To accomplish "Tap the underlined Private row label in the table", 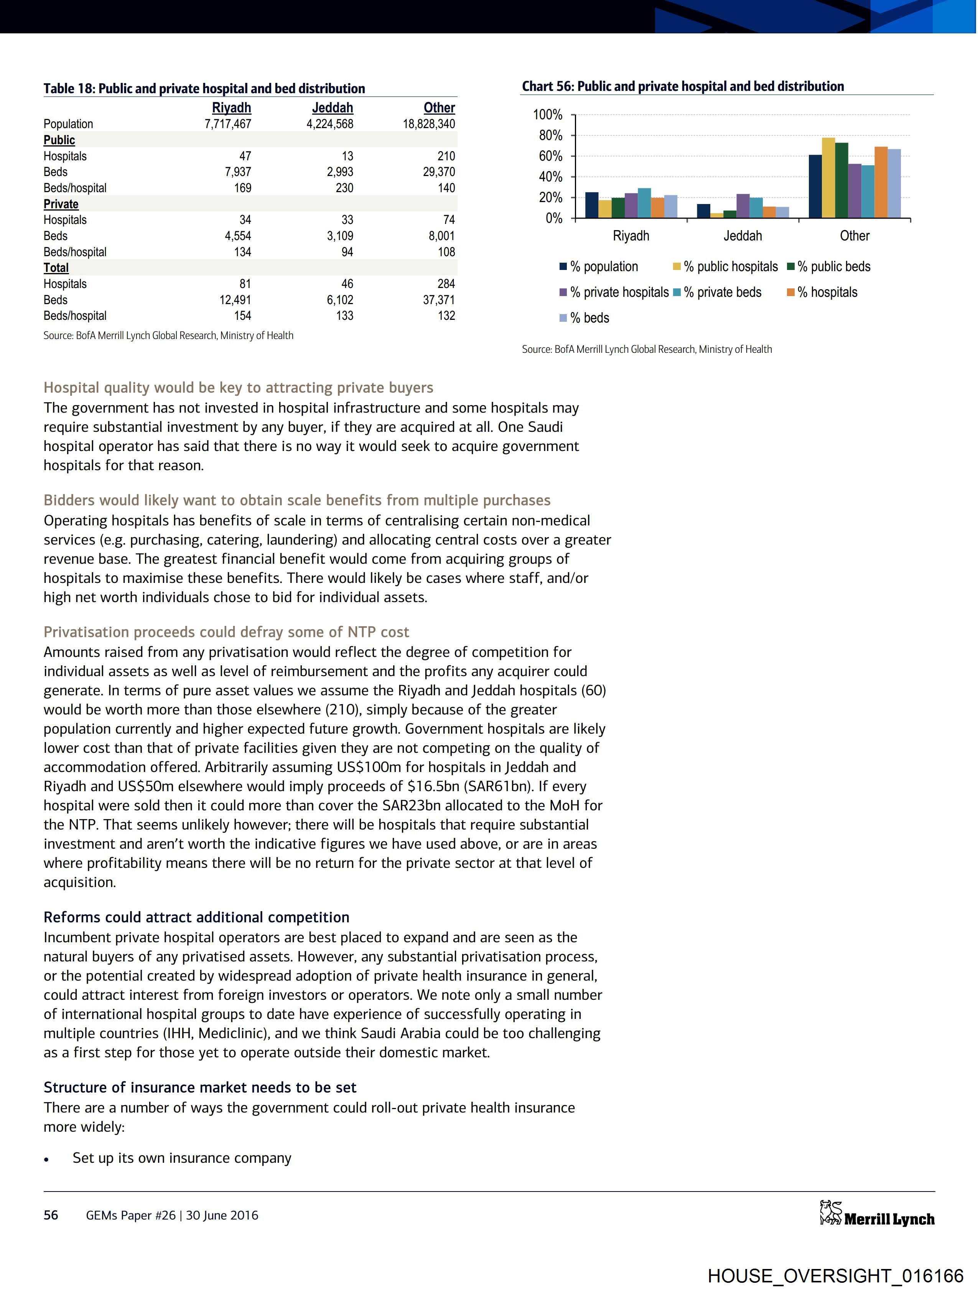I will pyautogui.click(x=61, y=204).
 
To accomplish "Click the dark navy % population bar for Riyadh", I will pyautogui.click(x=592, y=205).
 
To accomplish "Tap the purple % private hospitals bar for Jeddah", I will pyautogui.click(x=743, y=206).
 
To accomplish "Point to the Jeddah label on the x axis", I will pyautogui.click(x=743, y=236).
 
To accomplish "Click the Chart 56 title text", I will pyautogui.click(x=682, y=86).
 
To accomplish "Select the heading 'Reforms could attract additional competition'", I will pyautogui.click(x=196, y=917).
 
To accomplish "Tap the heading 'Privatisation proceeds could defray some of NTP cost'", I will pyautogui.click(x=226, y=632).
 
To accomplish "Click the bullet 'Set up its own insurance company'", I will pyautogui.click(x=182, y=1158).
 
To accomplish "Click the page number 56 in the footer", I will pyautogui.click(x=51, y=1215).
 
